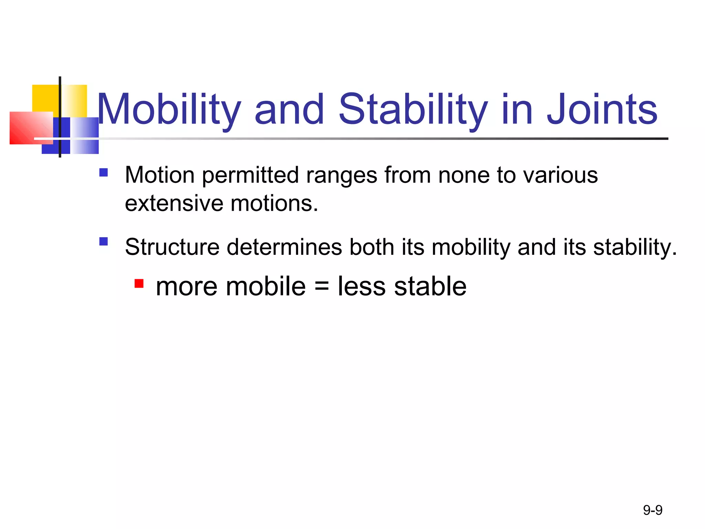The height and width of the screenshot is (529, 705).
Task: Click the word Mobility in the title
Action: (169, 110)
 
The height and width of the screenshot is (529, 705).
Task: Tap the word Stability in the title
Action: (413, 110)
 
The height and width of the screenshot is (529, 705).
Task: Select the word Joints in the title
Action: (602, 110)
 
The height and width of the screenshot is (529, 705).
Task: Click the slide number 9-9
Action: (652, 510)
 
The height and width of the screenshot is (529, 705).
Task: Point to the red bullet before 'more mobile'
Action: (139, 283)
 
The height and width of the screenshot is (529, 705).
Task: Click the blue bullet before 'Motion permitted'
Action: (103, 172)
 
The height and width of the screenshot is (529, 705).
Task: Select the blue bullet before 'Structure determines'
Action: (103, 241)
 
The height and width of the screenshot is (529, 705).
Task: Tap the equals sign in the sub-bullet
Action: (322, 287)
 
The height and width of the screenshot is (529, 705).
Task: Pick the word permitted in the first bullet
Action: (250, 176)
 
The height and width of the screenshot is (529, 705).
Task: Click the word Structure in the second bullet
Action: (172, 247)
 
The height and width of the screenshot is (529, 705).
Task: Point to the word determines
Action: (284, 247)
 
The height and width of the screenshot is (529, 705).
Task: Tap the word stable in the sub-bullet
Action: (430, 287)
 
